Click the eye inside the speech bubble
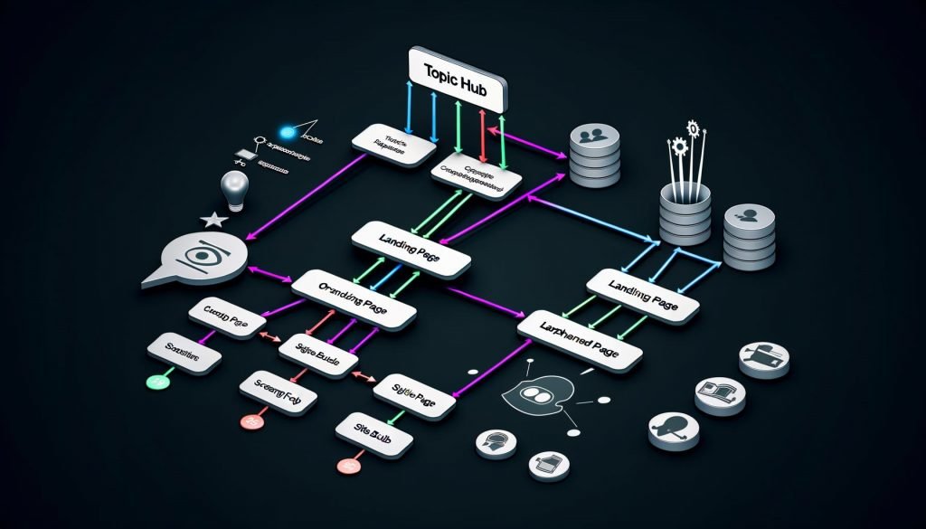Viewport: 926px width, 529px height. coord(201,257)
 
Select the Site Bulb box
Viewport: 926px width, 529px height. coord(374,428)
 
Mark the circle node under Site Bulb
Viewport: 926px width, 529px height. coord(345,466)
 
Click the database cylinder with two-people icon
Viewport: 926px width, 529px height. coord(594,156)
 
